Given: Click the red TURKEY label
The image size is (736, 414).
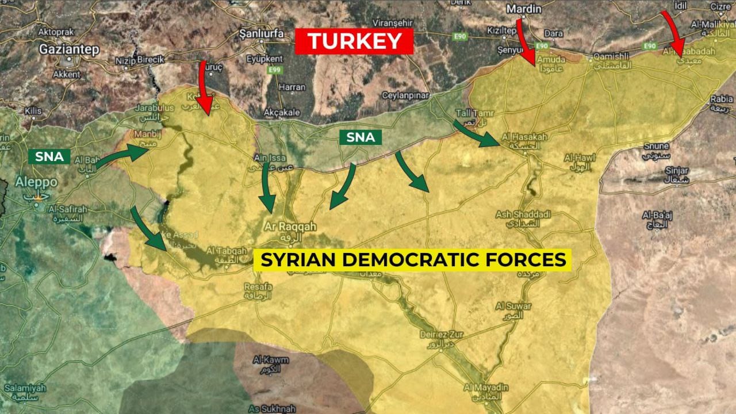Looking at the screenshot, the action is point(354,42).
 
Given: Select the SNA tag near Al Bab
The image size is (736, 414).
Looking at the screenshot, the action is point(49,156).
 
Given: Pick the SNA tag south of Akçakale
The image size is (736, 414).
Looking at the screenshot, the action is point(361,137).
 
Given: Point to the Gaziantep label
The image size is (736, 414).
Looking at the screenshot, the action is point(69,49).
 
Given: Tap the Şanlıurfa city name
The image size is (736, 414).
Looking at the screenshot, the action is point(261,34).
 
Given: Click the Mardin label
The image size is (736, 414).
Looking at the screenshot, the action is point(523,9).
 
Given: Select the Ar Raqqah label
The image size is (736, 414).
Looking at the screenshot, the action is point(290,227).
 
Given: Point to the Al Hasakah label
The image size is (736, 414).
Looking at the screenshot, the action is point(524,137).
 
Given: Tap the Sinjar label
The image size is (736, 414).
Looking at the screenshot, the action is point(677,171).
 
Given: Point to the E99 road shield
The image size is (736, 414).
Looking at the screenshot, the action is point(275,70).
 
